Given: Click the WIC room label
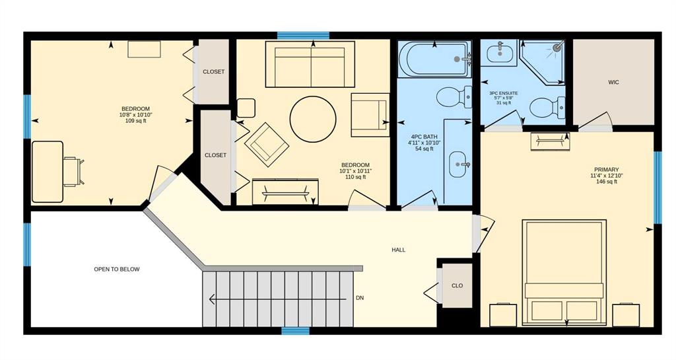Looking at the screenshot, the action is point(613,82).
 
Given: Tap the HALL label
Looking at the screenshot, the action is point(398,250).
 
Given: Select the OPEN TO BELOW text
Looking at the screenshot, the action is point(117,269).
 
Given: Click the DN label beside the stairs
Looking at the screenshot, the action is point(360,298).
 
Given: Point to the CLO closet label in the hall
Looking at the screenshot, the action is point(457,285).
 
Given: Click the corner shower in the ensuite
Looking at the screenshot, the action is point(543,62).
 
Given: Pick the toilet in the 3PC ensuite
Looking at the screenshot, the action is point(547,108).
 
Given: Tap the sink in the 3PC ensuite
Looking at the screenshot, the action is point(499,53).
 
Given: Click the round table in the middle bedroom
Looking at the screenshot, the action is point(312,119).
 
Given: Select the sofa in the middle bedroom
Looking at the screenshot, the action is point(310,64).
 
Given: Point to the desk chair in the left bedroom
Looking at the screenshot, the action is point(73,172).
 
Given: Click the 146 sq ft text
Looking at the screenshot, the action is point(606,182).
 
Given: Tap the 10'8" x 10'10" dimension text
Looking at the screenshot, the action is point(135,115).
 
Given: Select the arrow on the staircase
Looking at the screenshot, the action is point(278,299).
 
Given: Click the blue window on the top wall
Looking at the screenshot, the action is point(303,36).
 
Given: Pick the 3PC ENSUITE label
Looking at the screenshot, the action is point(504,93).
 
